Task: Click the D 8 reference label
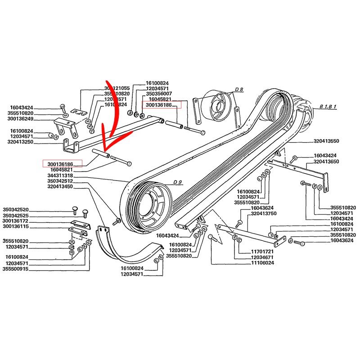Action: pyautogui.click(x=238, y=90)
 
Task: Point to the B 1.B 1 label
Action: pyautogui.click(x=328, y=107)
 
